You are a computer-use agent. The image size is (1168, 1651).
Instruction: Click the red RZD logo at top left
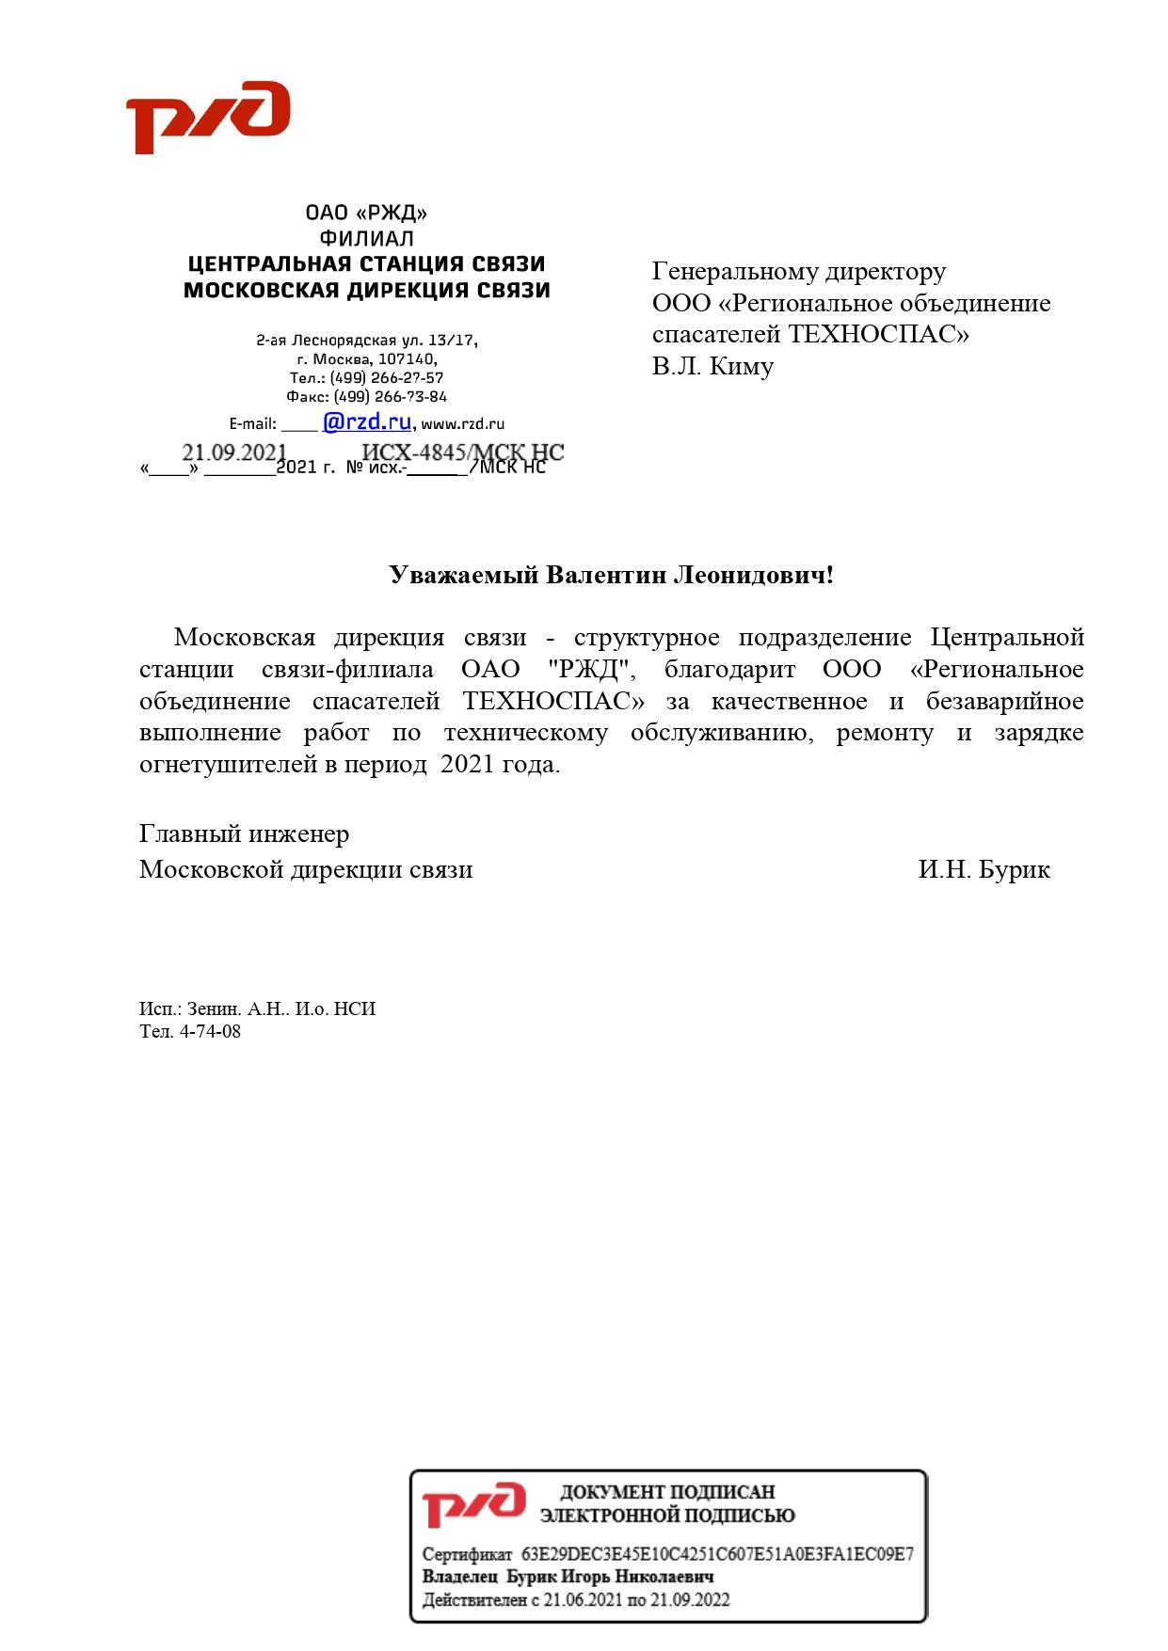(x=208, y=117)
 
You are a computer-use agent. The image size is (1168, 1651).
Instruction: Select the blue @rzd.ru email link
(x=366, y=422)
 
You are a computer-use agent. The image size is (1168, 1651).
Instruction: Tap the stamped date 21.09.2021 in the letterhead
(x=233, y=452)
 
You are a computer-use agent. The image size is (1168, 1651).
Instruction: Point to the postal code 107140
(x=408, y=359)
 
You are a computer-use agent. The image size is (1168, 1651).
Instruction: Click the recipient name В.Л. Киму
(x=712, y=366)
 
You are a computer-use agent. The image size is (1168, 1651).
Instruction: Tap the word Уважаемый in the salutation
(x=464, y=575)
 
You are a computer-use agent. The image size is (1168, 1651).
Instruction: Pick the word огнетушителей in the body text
(x=228, y=765)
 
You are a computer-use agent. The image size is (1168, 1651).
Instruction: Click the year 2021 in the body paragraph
(x=467, y=765)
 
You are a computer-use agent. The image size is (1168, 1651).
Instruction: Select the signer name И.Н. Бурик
(x=984, y=869)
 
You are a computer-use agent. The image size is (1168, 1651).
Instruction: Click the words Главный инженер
(x=244, y=834)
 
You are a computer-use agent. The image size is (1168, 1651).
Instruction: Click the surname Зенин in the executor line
(x=213, y=1009)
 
